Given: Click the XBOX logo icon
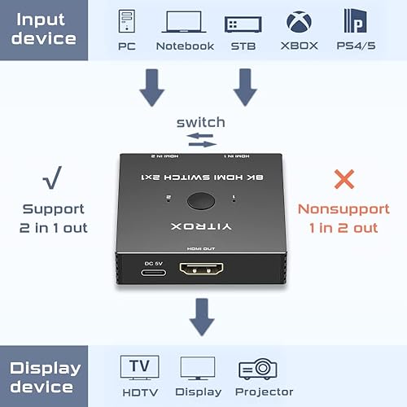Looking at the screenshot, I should [298, 20].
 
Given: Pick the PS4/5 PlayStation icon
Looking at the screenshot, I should [355, 20].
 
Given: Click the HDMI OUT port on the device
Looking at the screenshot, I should [203, 270].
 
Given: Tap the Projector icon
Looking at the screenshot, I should [259, 369].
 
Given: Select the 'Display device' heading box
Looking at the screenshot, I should [45, 376].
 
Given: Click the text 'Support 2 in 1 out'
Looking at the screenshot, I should [54, 218].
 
